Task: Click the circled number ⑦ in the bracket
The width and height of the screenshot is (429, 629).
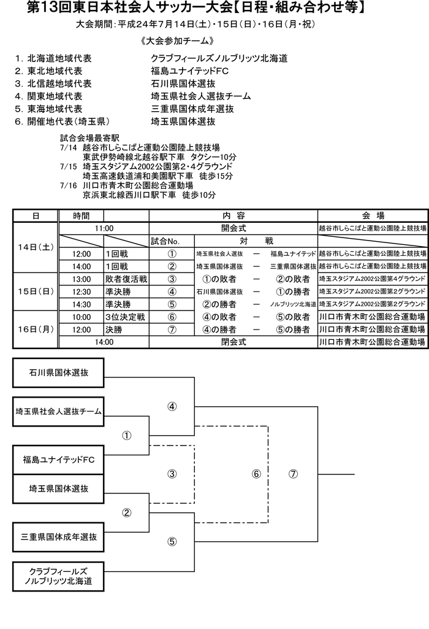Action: point(293,474)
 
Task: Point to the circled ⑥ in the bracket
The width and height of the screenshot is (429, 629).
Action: point(256,474)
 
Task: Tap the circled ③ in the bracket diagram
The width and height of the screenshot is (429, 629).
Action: point(172,474)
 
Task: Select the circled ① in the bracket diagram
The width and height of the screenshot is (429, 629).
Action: point(127,435)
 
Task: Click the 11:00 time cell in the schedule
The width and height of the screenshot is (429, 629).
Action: point(104,228)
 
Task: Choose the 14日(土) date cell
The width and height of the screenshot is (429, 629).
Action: point(36,247)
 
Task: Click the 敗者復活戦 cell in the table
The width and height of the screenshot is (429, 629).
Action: point(126,279)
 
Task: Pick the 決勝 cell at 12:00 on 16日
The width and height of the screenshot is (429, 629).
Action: point(126,330)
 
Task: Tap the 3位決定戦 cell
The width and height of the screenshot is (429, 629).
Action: point(126,317)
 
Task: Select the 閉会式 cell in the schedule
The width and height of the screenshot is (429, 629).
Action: point(233,342)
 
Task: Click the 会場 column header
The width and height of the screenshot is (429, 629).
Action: point(373,216)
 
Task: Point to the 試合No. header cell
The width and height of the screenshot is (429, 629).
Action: point(172,241)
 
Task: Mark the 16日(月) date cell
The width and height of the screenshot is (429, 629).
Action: point(36,330)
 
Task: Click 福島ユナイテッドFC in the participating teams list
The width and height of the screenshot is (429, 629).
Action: point(190,71)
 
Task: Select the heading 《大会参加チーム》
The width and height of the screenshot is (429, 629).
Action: point(177,41)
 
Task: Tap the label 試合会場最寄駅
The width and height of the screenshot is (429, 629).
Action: point(89,139)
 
